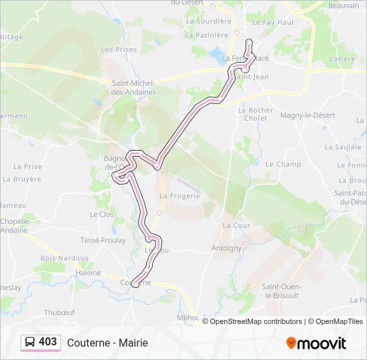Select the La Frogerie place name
[x=179, y=196]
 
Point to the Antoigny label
[x=226, y=248]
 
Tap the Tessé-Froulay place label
[x=103, y=240]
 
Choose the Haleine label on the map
[x=88, y=273]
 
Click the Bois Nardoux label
[x=64, y=257]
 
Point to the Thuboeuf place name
[x=59, y=311]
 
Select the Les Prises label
[x=119, y=49]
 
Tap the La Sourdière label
[x=208, y=21]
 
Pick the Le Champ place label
[x=283, y=164]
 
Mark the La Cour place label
[x=236, y=225]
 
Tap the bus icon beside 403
[x=31, y=342]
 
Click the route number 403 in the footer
[x=48, y=342]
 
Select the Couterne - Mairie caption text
[x=107, y=343]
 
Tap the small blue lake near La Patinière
[x=218, y=52]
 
